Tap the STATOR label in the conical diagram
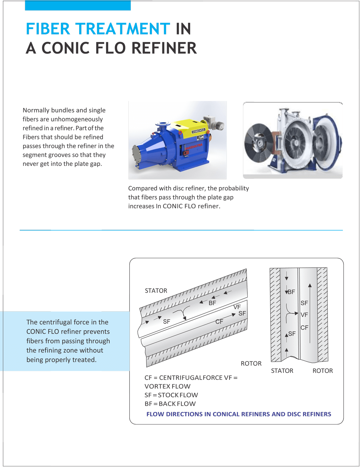(156, 291)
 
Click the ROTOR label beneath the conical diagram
(251, 364)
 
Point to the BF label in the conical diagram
(212, 303)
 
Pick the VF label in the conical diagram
(237, 307)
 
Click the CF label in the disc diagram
(304, 328)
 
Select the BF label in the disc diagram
(291, 292)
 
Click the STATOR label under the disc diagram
(282, 371)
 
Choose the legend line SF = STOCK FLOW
(171, 395)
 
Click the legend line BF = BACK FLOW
(170, 404)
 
